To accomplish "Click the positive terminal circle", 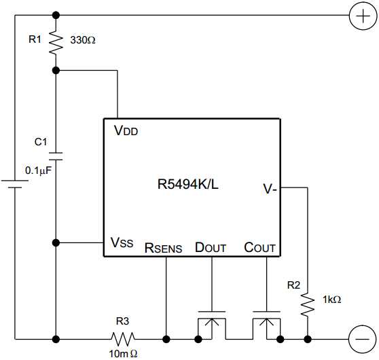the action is tap(363, 16).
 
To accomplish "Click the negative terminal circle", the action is tap(362, 339).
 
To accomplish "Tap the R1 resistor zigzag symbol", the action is tap(56, 41).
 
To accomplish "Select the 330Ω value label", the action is tap(83, 40).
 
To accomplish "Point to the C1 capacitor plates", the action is tap(56, 156).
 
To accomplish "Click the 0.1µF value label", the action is tap(39, 171).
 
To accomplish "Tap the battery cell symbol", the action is tap(15, 184).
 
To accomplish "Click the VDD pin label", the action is tap(126, 130).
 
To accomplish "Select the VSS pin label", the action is tap(122, 242).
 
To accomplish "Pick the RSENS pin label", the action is tap(163, 248).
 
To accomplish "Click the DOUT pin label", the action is tap(211, 247).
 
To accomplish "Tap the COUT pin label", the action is tap(260, 247).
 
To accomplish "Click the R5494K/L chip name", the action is tap(188, 184).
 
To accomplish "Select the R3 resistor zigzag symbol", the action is tap(123, 339).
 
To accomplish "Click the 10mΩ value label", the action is tap(123, 354).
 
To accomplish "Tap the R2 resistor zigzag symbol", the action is tap(308, 304).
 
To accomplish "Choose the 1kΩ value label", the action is tap(331, 300).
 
